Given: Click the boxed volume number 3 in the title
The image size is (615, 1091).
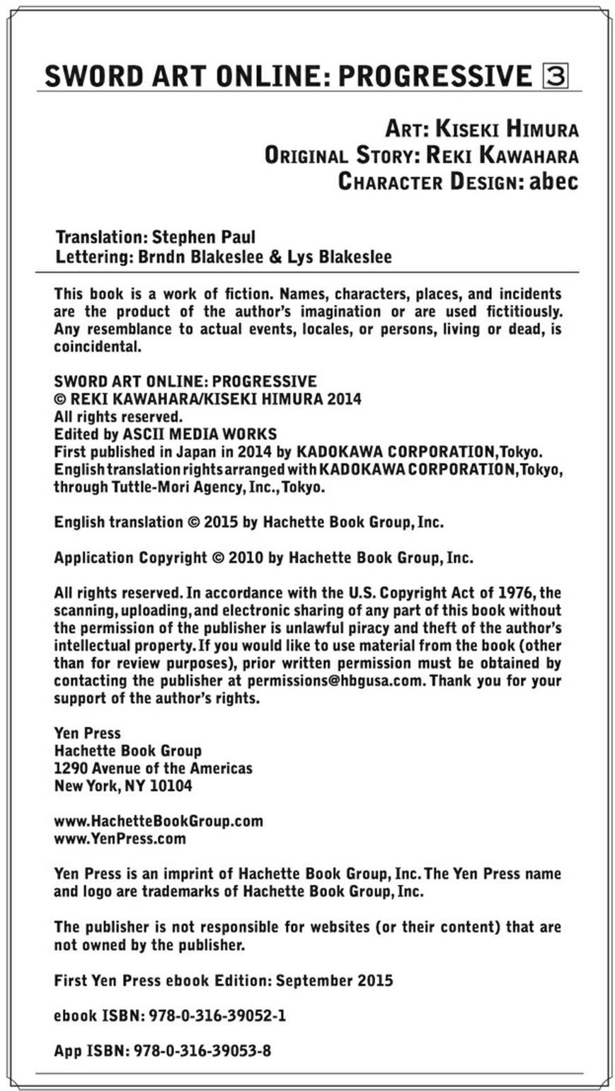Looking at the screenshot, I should coord(555,76).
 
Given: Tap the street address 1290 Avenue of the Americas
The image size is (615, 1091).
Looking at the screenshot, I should coord(153,768).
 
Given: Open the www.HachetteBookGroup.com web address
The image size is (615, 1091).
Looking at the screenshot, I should coord(159,821).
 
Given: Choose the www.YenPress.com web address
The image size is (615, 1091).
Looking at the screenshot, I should coord(120,839).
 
